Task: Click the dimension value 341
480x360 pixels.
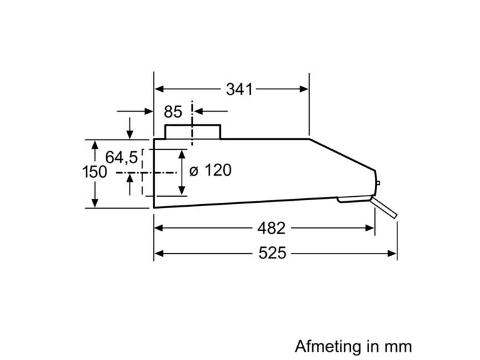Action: coord(240,89)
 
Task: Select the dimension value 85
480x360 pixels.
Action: coord(173,112)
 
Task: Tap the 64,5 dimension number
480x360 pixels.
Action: coord(121,158)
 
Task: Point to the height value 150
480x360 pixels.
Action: coord(94,172)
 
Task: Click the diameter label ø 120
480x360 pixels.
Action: coord(211,170)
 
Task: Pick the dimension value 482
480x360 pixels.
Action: coord(271,229)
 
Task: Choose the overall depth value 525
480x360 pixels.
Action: coord(272,254)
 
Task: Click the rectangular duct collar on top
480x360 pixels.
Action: coord(193,131)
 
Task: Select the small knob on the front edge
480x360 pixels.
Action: coord(378,183)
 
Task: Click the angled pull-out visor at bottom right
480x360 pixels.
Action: coord(384,207)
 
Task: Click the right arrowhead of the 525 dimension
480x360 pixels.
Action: coord(392,254)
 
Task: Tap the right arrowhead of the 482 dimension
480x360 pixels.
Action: coord(369,228)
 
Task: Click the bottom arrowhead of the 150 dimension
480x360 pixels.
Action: coord(95,202)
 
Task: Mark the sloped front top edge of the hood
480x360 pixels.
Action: coord(343,155)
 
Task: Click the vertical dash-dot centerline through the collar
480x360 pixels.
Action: coord(192,123)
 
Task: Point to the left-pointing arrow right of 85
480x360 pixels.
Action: coord(211,111)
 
